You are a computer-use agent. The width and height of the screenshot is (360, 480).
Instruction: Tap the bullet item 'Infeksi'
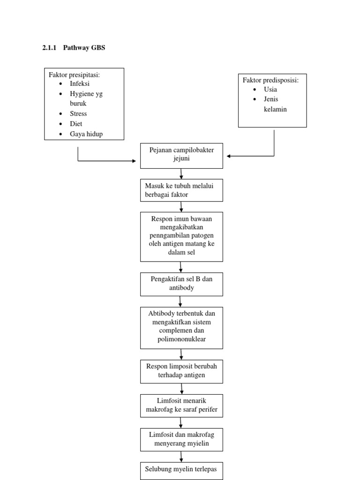[x=80, y=83]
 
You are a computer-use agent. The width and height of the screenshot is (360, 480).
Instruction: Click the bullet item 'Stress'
[x=78, y=113]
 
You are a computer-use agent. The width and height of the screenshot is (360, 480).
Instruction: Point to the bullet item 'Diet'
[x=76, y=124]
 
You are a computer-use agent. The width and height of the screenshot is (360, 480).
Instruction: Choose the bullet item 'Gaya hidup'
[x=86, y=134]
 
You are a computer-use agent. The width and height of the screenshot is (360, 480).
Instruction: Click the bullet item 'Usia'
[x=270, y=89]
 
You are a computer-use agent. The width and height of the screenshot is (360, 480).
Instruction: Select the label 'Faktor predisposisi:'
[x=270, y=80]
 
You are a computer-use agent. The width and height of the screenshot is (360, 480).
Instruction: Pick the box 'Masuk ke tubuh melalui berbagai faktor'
[x=181, y=190]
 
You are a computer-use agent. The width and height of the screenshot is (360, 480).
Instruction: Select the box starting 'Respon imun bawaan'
[x=181, y=236]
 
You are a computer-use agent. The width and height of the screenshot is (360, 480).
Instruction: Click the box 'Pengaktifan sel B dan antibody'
[x=181, y=284]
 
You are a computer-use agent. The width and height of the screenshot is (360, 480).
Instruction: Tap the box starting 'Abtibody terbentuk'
[x=181, y=327]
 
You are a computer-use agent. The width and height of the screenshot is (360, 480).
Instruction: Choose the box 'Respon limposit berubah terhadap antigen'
[x=181, y=371]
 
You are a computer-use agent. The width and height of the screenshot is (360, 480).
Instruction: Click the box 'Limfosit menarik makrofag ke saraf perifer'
[x=181, y=405]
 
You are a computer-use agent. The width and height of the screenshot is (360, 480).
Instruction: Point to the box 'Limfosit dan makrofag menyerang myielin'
[x=181, y=439]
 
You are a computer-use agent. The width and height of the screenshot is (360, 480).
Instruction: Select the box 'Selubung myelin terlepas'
[x=181, y=469]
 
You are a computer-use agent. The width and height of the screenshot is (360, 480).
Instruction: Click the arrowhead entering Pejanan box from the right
[x=229, y=156]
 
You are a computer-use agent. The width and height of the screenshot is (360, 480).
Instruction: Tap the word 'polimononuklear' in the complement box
[x=181, y=339]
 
